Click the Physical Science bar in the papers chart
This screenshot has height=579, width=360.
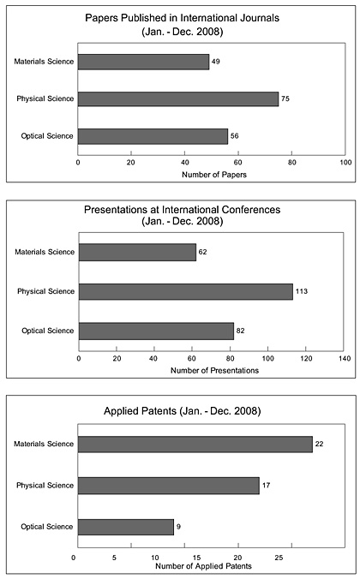pyautogui.click(x=177, y=99)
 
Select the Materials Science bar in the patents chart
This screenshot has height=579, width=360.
pyautogui.click(x=195, y=445)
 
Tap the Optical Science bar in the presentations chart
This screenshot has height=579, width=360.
pyautogui.click(x=156, y=331)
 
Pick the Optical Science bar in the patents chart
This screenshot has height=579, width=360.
pyautogui.click(x=126, y=527)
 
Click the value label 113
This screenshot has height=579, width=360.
pyautogui.click(x=302, y=291)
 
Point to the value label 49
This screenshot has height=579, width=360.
pyautogui.click(x=215, y=62)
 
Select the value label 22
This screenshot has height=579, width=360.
pyautogui.click(x=319, y=444)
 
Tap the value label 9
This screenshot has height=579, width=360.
pyautogui.click(x=178, y=527)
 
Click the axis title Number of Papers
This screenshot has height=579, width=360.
pyautogui.click(x=214, y=174)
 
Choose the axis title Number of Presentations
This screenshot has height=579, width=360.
pyautogui.click(x=214, y=370)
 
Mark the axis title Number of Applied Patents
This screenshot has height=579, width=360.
pyautogui.click(x=203, y=566)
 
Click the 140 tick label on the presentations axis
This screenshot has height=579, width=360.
pyautogui.click(x=345, y=358)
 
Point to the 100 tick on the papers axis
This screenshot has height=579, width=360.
pyautogui.click(x=345, y=163)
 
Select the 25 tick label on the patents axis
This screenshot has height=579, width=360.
pyautogui.click(x=279, y=558)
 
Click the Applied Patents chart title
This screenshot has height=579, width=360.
pyautogui.click(x=183, y=411)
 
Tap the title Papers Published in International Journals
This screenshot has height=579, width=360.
pyautogui.click(x=183, y=18)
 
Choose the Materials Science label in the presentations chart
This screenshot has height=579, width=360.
pyautogui.click(x=45, y=252)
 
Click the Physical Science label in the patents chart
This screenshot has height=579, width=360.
pyautogui.click(x=45, y=485)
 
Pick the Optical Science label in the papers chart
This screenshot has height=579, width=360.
pyautogui.click(x=46, y=136)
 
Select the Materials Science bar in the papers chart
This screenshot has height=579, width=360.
pyautogui.click(x=143, y=62)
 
